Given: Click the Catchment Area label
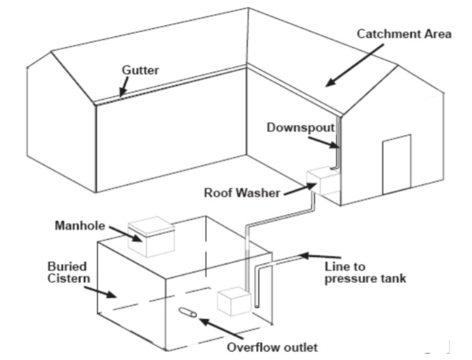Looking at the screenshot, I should click(405, 33).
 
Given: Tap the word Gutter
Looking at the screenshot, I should click(140, 70).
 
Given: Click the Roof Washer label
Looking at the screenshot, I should click(242, 192).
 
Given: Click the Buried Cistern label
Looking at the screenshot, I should click(65, 271).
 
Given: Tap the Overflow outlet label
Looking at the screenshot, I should click(273, 346).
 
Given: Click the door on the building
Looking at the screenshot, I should click(396, 164).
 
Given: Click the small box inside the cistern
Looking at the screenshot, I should click(233, 301).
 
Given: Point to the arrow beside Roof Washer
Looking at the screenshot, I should click(293, 188).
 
